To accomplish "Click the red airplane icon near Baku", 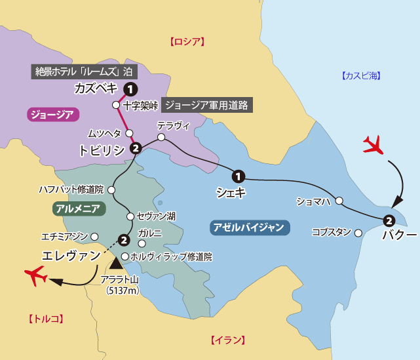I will click(x=373, y=145).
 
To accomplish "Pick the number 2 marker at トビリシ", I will click(x=136, y=149).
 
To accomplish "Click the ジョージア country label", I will click(x=53, y=115).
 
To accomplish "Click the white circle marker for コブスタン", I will click(x=358, y=232).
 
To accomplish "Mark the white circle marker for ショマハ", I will click(x=339, y=200).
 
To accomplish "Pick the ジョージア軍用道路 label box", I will click(x=206, y=104).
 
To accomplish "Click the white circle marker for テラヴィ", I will click(x=161, y=137).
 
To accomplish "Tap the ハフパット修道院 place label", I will click(x=71, y=190).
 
